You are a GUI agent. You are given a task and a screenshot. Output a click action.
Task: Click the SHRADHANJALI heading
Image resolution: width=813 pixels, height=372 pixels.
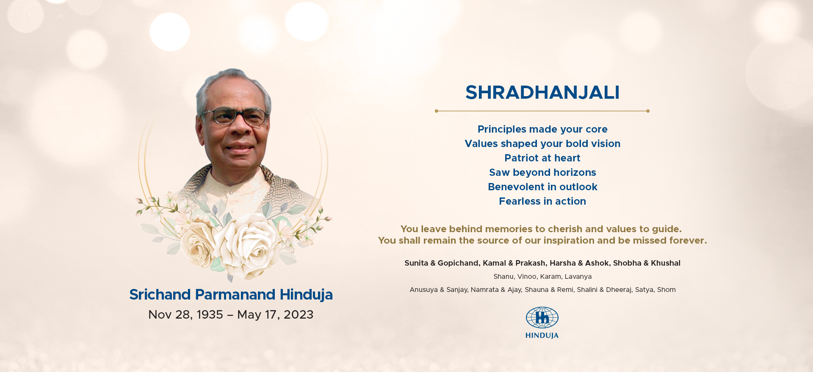point(542,92)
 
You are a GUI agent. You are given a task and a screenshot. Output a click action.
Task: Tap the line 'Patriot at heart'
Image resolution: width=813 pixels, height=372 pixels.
point(542,158)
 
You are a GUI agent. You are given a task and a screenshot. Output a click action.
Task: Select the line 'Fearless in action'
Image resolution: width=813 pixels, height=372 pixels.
point(542,201)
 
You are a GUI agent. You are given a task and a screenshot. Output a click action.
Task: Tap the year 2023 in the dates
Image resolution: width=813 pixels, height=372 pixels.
point(299,314)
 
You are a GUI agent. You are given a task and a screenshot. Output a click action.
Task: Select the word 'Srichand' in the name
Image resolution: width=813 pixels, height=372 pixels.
point(160,294)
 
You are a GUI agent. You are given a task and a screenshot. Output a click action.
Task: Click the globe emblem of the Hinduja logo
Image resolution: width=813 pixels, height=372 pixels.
point(542,317)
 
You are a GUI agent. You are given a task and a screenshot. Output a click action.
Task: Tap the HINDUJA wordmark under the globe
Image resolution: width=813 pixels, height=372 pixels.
point(542,336)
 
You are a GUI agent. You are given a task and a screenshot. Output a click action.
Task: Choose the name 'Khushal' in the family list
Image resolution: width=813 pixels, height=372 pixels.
point(666,263)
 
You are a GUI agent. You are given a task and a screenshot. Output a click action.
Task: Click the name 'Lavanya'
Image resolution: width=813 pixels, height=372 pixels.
point(578,277)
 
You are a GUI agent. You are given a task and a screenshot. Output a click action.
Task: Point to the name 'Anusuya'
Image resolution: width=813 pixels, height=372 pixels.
point(423,290)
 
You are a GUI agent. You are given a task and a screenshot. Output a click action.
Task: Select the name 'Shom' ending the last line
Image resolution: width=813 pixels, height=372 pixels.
point(666,290)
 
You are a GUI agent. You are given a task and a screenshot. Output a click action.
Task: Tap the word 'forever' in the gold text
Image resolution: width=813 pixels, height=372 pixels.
point(687,241)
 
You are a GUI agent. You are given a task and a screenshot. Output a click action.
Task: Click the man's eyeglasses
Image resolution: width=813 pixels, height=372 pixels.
point(235,116)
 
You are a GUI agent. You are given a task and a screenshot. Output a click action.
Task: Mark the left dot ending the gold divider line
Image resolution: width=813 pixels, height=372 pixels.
point(437,111)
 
